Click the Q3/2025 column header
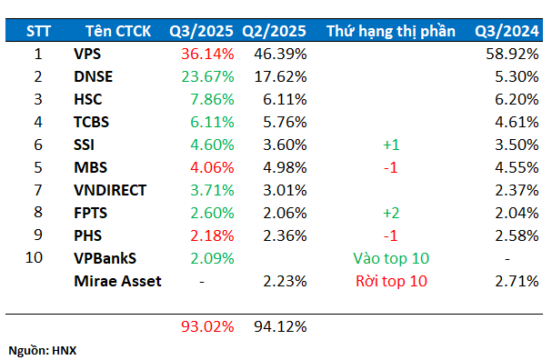pos(202,32)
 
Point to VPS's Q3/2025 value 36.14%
pos(207,55)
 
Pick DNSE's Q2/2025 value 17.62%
pos(280,77)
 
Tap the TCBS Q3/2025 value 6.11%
pos(211,123)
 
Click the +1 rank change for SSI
pos(390,145)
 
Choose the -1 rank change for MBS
pos(390,168)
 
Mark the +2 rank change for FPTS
pos(390,214)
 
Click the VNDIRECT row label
pos(109,191)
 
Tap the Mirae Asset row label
pos(117,282)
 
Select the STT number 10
pos(38,259)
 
